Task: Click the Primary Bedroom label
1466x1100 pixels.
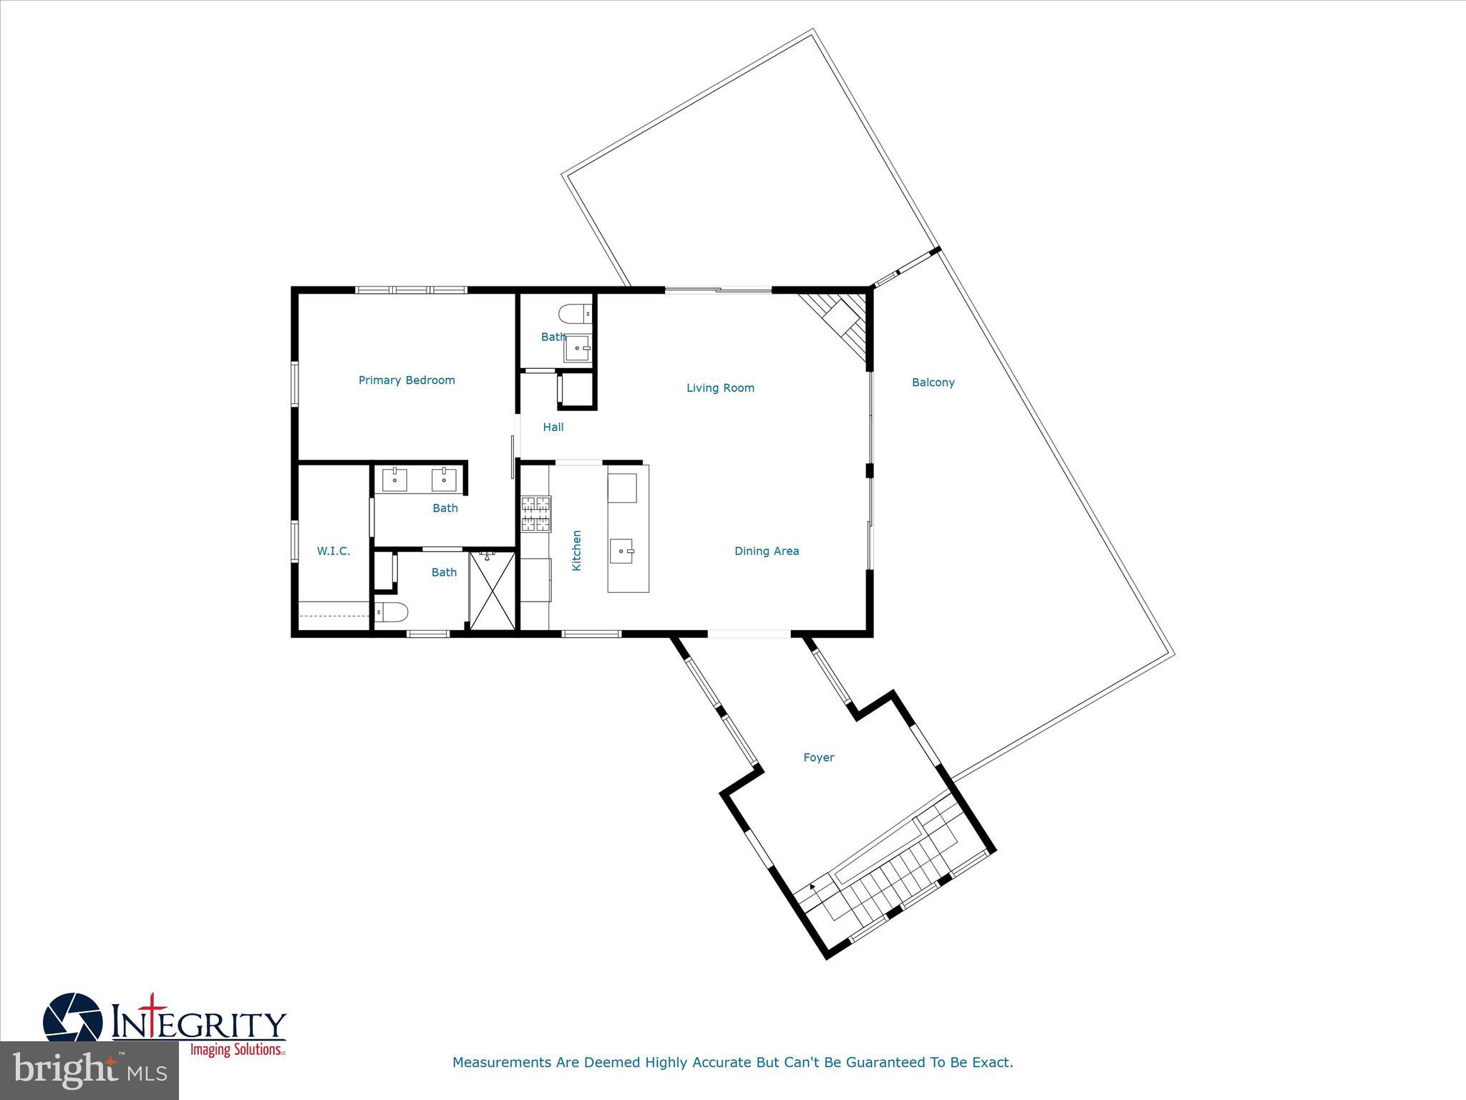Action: pyautogui.click(x=407, y=380)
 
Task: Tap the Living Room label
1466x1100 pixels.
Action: pyautogui.click(x=720, y=388)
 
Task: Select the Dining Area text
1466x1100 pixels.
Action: pyautogui.click(x=767, y=551)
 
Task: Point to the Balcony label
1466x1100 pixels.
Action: pyautogui.click(x=933, y=382)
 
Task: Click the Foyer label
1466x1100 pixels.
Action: pyautogui.click(x=818, y=757)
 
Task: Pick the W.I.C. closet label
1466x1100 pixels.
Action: pyautogui.click(x=334, y=551)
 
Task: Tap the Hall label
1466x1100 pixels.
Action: pyautogui.click(x=553, y=427)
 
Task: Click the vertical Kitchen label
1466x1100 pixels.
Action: pyautogui.click(x=576, y=550)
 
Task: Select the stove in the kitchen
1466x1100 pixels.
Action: pyautogui.click(x=536, y=513)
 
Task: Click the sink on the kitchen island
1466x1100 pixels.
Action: pyautogui.click(x=621, y=551)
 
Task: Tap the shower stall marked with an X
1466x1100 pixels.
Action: pyautogui.click(x=492, y=589)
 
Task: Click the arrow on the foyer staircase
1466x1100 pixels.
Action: pyautogui.click(x=812, y=888)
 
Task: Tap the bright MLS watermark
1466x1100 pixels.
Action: pyautogui.click(x=89, y=1070)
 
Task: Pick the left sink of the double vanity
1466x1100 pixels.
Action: pyautogui.click(x=394, y=480)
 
